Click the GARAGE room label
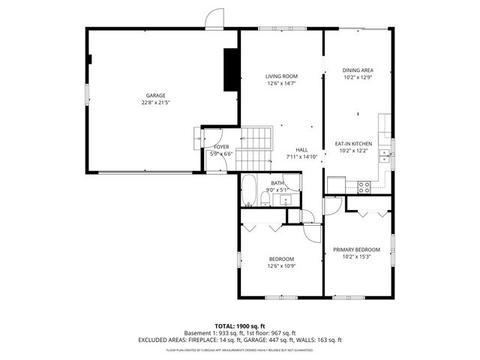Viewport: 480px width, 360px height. pyautogui.click(x=155, y=95)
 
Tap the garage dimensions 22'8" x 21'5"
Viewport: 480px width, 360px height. pyautogui.click(x=155, y=102)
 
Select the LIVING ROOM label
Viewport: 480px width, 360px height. pyautogui.click(x=281, y=76)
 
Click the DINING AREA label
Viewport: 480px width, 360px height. pyautogui.click(x=357, y=70)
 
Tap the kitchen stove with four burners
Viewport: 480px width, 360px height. pyautogui.click(x=364, y=187)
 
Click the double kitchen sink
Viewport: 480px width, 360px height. pyautogui.click(x=384, y=155)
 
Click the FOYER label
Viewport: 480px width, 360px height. pyautogui.click(x=220, y=147)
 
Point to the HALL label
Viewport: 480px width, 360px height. pyautogui.click(x=301, y=150)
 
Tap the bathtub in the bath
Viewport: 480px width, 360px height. pyautogui.click(x=248, y=190)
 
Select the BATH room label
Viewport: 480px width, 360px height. pyautogui.click(x=277, y=183)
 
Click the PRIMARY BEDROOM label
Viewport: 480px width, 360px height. pyautogui.click(x=356, y=250)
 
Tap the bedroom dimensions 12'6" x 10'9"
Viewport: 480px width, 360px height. pyautogui.click(x=281, y=265)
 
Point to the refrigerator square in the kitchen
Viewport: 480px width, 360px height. pyautogui.click(x=334, y=184)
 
